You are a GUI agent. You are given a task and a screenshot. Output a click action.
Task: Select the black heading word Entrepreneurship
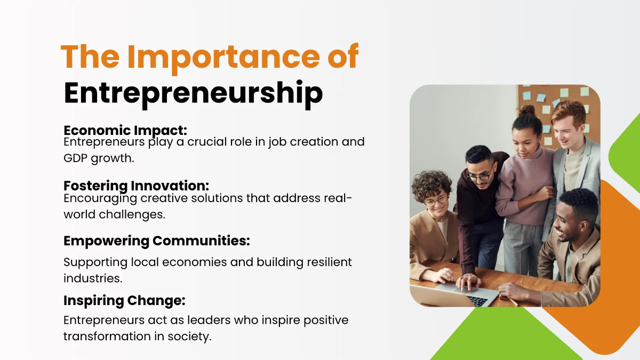(193, 92)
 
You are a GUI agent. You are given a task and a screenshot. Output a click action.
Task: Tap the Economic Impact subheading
(125, 130)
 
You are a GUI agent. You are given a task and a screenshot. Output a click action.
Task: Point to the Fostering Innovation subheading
(136, 186)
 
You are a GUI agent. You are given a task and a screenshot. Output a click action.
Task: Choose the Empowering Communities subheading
(156, 241)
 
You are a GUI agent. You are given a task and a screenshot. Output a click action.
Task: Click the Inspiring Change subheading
(124, 300)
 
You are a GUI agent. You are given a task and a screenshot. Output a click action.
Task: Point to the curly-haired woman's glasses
(436, 201)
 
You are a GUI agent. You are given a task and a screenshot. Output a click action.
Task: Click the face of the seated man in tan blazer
(570, 217)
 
